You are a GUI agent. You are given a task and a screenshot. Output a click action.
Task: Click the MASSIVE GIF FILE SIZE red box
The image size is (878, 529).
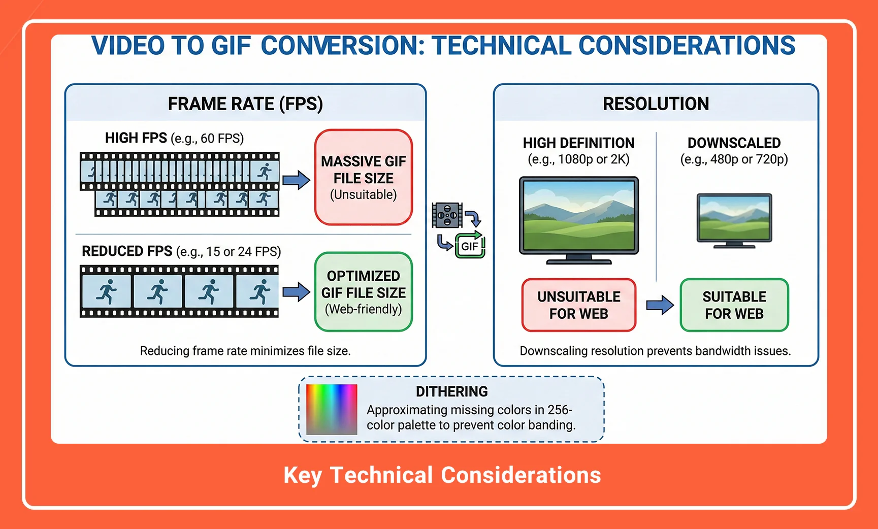[363, 177]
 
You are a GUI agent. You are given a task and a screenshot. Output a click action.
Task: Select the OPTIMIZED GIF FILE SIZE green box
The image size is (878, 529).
[363, 292]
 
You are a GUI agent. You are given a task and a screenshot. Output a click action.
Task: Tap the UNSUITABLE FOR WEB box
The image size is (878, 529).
[578, 305]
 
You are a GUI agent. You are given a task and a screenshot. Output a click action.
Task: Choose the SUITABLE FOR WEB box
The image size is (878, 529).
[734, 305]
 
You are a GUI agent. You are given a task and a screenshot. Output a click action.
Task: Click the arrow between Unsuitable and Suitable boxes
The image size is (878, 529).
[659, 305]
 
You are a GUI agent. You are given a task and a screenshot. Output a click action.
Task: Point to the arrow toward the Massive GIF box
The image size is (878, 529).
[296, 180]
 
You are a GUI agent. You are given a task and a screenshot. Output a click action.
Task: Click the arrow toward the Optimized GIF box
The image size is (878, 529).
[296, 292]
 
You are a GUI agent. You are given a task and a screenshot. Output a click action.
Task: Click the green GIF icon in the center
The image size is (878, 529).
[470, 246]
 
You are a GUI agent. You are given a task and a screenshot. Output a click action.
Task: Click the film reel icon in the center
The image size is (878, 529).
[447, 215]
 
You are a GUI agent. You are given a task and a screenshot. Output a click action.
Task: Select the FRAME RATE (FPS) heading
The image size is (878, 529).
[245, 104]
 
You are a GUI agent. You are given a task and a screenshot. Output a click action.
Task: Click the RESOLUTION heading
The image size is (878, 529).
[656, 104]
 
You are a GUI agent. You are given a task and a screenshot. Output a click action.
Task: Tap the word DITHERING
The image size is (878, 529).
[451, 391]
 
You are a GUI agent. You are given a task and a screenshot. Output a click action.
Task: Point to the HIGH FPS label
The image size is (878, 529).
[136, 138]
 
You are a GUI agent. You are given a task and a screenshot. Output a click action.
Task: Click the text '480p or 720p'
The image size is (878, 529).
[749, 159]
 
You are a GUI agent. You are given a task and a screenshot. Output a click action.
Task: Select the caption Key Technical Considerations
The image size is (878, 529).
[442, 475]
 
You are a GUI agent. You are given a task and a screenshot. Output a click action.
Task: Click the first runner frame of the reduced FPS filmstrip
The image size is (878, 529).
[107, 292]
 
